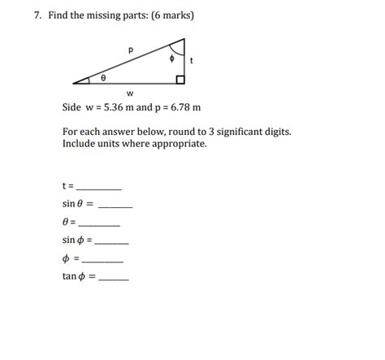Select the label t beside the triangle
[191, 60]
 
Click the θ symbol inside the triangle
[103, 78]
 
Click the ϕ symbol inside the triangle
[171, 59]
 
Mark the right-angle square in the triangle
[180, 80]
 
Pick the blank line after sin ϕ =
[112, 242]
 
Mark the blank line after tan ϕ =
[113, 279]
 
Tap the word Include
[80, 143]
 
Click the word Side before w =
[72, 107]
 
